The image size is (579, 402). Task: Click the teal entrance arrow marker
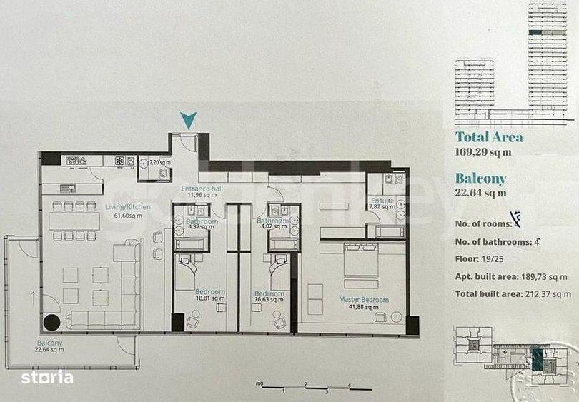[187, 121]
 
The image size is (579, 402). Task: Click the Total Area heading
[489, 137]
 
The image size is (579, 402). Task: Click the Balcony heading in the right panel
[480, 179]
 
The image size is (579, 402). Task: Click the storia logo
[46, 377]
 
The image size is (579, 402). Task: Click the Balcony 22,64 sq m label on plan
[51, 346]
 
